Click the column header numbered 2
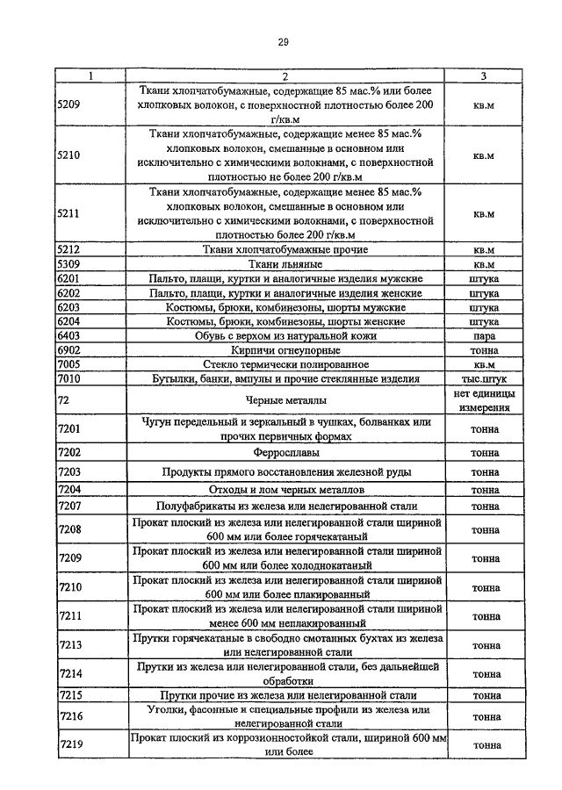[286, 76]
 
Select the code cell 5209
[68, 104]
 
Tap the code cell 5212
[68, 250]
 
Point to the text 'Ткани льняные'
[286, 264]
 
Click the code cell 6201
[68, 279]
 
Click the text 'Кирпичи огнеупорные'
[286, 350]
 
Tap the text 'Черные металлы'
[286, 400]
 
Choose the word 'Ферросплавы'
[286, 453]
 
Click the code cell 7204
[68, 490]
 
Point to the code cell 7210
[68, 586]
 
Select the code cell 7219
[68, 745]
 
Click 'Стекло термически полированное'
[286, 364]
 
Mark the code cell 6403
[68, 336]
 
